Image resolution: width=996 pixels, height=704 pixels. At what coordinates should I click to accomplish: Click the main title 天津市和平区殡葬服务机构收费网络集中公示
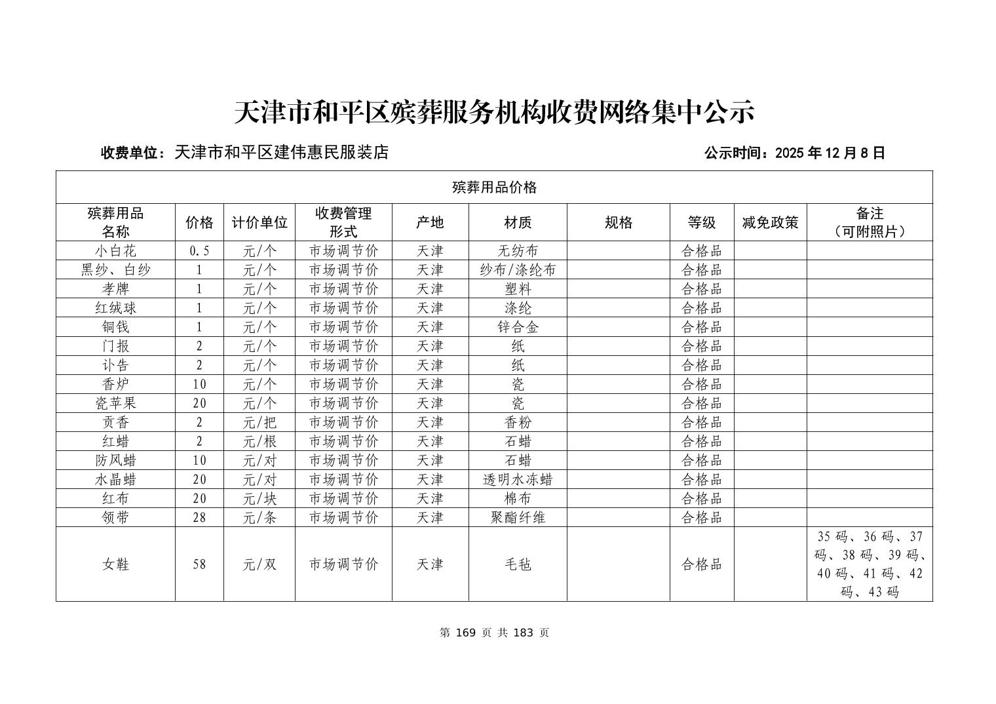[494, 112]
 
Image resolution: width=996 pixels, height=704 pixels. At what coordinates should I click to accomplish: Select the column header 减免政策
[770, 222]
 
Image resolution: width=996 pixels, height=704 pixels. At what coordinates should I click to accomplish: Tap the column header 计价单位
[259, 222]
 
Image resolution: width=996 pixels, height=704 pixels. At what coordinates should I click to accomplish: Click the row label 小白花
[115, 250]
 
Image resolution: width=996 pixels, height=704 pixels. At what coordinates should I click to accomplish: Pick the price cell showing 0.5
[199, 250]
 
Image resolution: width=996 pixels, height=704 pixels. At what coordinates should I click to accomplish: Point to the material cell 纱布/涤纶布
[518, 269]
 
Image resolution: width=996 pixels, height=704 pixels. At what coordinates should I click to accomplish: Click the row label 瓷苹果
[115, 403]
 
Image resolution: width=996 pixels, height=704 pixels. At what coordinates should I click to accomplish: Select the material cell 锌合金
[518, 326]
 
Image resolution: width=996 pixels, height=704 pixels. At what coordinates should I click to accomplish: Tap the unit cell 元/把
[259, 422]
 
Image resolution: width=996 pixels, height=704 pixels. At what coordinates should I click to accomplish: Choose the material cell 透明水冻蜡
[518, 479]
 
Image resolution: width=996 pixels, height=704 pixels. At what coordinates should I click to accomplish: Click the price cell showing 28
[199, 517]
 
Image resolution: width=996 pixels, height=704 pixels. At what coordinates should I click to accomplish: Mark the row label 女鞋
[115, 564]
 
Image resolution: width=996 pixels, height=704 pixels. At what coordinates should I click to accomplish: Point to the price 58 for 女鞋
[199, 564]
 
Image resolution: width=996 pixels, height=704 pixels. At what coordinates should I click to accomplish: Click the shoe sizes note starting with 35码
[870, 564]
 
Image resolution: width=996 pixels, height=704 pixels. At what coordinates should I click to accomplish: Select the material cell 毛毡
[518, 564]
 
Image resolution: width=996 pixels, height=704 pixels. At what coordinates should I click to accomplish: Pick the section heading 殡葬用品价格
[494, 187]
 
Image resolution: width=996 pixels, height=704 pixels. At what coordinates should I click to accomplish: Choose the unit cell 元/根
[259, 441]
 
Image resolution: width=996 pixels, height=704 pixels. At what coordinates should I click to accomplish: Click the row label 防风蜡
[115, 460]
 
